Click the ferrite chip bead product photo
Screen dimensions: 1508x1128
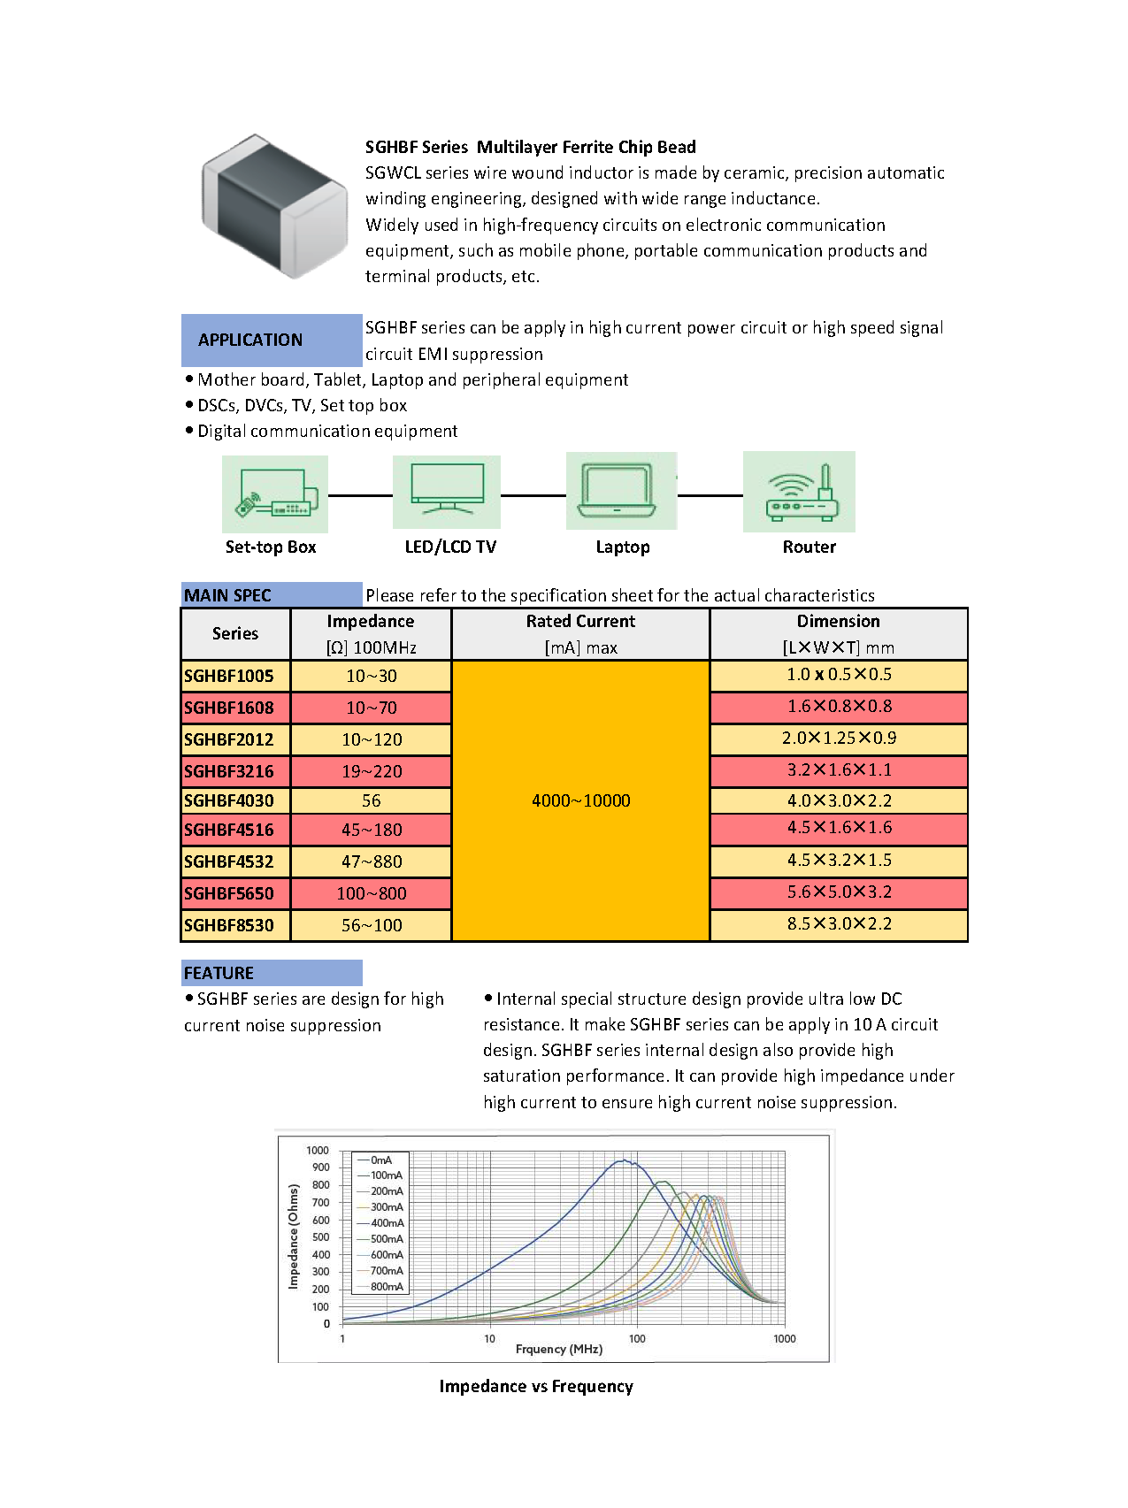pos(274,206)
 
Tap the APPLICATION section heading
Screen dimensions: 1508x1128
pos(250,341)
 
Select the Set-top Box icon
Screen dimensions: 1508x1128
pos(275,494)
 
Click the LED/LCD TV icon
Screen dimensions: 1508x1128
pos(447,492)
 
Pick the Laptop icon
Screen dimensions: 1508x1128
pos(621,491)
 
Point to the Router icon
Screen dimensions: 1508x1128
pos(800,492)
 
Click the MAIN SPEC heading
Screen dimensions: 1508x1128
pos(228,595)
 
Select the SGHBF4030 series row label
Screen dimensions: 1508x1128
pos(229,800)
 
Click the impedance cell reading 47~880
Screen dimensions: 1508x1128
pos(372,861)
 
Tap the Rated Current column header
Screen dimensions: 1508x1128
pos(580,622)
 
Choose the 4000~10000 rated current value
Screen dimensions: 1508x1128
pos(580,800)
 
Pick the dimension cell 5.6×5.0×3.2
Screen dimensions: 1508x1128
pos(839,892)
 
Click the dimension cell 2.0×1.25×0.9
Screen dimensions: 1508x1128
pos(839,738)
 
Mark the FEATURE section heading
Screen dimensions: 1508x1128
pos(219,973)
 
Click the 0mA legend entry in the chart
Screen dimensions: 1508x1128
pos(381,1160)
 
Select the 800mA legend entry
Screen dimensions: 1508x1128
pos(387,1286)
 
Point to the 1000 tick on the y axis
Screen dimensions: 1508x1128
pos(318,1151)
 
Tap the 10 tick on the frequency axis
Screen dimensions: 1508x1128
pos(489,1338)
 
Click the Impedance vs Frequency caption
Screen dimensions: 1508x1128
pos(536,1386)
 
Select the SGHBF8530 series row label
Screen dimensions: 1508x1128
pos(229,925)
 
